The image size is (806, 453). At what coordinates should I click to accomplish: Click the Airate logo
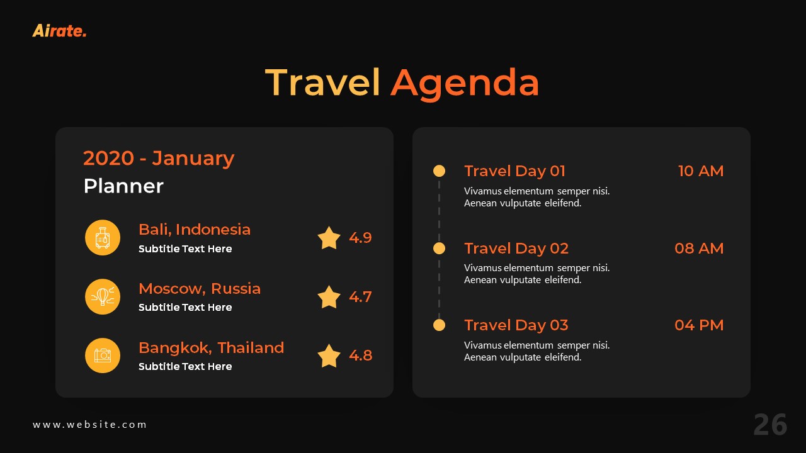coord(59,30)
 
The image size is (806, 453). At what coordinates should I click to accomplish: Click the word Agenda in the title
coord(464,83)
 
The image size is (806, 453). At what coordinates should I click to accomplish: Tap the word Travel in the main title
coord(322,83)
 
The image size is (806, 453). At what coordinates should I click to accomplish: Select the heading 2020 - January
coord(159,158)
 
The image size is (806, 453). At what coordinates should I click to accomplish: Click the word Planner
coord(123,186)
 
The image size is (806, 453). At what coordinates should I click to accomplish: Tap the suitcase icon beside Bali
coord(103,238)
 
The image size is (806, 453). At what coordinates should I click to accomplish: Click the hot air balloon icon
coord(103,296)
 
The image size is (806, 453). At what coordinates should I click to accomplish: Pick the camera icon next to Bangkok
coord(103,355)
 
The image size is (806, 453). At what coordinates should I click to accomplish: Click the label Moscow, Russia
coord(200,289)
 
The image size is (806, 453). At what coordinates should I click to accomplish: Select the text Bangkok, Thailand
coord(212,348)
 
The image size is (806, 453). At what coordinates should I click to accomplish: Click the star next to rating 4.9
coord(329,238)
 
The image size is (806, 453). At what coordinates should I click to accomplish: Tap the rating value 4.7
coord(360,297)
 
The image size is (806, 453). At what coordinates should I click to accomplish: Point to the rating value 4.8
coord(360,355)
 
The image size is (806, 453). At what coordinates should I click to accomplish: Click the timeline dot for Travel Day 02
coord(440,249)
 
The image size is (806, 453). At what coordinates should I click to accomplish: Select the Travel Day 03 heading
coord(516,325)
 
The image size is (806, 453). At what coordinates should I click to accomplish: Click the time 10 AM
coord(701,171)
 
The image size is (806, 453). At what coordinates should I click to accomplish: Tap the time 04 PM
coord(699,325)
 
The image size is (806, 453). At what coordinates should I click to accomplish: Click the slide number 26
coord(770,425)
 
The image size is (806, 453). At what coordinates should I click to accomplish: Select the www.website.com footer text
coord(89,425)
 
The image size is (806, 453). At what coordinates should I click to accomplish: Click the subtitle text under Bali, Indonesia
coord(185,249)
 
